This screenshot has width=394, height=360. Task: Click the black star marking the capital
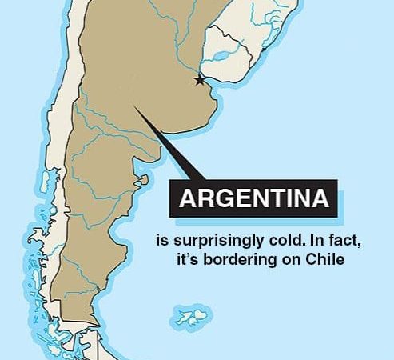tap(199, 80)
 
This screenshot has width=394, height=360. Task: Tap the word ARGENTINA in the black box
tap(253, 199)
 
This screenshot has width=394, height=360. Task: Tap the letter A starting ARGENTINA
tap(187, 199)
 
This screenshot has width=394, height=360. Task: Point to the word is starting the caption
tap(162, 240)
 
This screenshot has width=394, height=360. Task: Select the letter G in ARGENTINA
tap(221, 199)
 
